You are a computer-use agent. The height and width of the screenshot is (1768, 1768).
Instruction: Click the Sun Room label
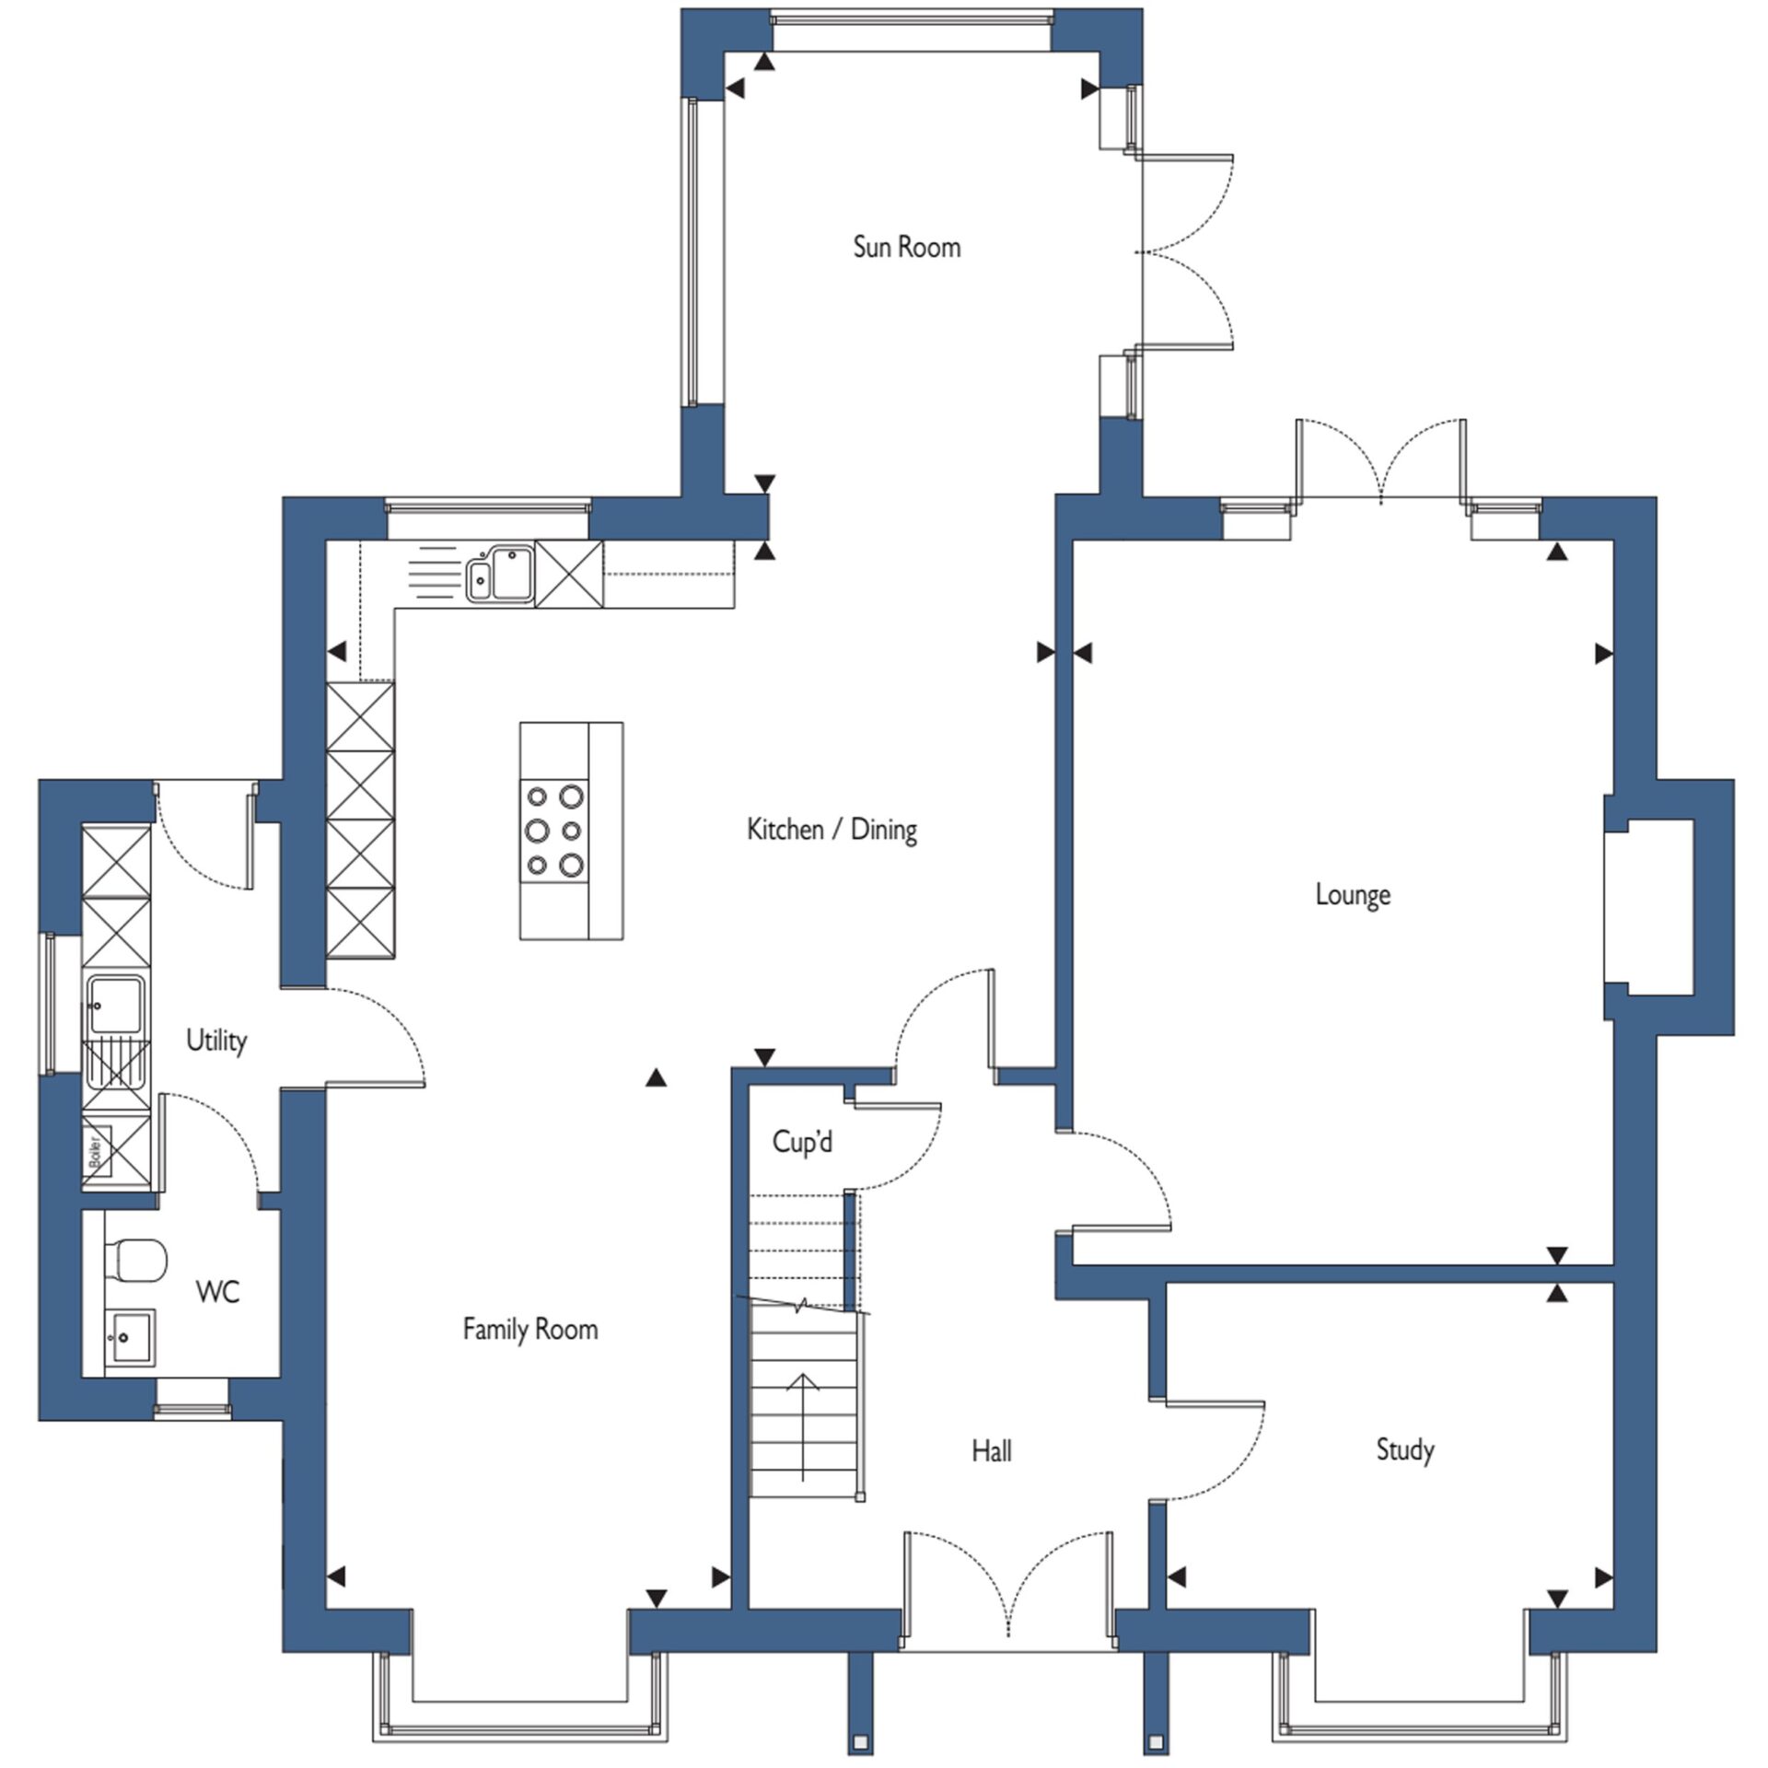pos(907,247)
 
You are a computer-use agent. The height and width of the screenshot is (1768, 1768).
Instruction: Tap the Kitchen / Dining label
pos(832,830)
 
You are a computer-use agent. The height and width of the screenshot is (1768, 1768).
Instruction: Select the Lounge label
pos(1353,894)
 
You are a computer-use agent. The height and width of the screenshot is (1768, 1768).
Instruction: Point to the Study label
pos(1405,1449)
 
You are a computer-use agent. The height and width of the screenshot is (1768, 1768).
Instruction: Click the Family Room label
pos(530,1329)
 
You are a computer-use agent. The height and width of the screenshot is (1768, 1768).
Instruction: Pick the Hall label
pos(992,1451)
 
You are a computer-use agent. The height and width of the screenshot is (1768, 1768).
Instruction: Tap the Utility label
pos(216,1041)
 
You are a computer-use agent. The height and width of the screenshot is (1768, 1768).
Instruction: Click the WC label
pos(218,1292)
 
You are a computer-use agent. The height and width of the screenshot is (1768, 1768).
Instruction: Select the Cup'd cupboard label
pos(802,1142)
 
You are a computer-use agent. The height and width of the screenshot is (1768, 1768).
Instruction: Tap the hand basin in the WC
pos(130,1336)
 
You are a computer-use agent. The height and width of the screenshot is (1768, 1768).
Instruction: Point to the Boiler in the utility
pos(97,1152)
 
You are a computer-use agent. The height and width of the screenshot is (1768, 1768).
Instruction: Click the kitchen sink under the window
pos(500,574)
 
